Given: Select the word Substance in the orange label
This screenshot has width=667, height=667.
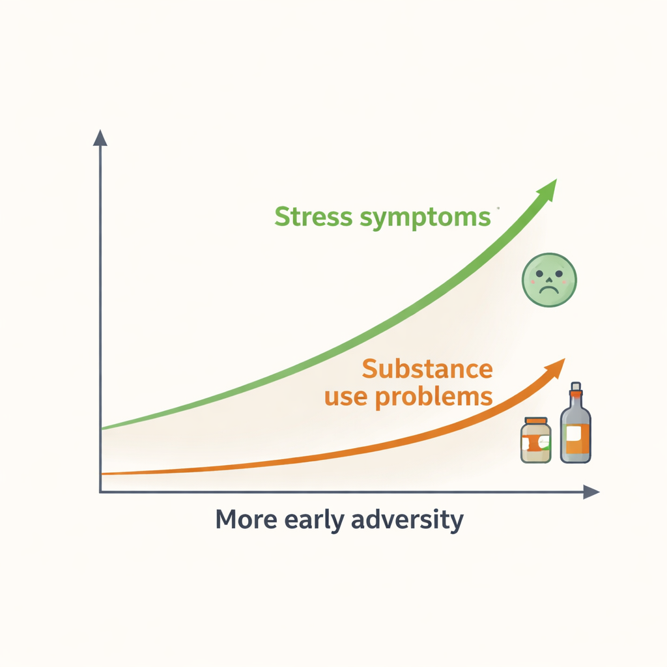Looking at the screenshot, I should (x=427, y=369).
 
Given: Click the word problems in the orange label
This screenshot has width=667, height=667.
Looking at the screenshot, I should (x=435, y=397).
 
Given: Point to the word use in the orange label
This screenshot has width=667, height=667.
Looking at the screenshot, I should (x=347, y=397).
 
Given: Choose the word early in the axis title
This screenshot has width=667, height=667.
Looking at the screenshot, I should (x=309, y=521).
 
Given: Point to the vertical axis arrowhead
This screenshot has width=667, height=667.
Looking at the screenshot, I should (x=100, y=137).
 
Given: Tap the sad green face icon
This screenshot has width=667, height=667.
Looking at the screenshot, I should (x=550, y=280).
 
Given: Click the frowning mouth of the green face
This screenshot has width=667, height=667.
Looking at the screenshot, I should (x=550, y=287).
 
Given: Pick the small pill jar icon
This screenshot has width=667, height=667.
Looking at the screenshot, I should (x=536, y=441).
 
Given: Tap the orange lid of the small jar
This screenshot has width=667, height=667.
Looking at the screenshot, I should (x=536, y=421).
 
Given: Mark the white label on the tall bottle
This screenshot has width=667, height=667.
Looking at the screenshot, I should (x=573, y=434).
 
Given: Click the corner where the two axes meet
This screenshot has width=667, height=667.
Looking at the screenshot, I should (x=100, y=492).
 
